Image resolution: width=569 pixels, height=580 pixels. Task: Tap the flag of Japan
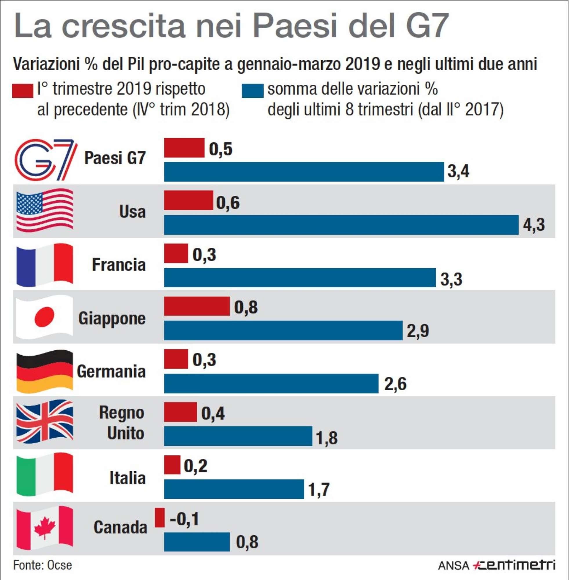pyautogui.click(x=45, y=317)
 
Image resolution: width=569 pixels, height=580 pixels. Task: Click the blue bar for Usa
pyautogui.click(x=341, y=225)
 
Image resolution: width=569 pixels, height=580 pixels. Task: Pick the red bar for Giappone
pyautogui.click(x=197, y=306)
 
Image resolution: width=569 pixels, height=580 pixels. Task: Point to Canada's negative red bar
pyautogui.click(x=160, y=518)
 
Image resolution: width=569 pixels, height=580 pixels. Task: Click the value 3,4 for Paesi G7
pyautogui.click(x=458, y=171)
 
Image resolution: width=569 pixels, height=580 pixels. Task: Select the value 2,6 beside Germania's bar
pyautogui.click(x=395, y=384)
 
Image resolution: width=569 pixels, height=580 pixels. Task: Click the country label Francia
pyautogui.click(x=119, y=265)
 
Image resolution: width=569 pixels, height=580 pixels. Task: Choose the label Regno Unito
pyautogui.click(x=122, y=423)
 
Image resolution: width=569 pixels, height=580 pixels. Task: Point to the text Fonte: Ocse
pyautogui.click(x=43, y=565)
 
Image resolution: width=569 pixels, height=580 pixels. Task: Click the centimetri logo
pyautogui.click(x=514, y=565)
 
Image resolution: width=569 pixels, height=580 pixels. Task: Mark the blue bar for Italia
pyautogui.click(x=234, y=489)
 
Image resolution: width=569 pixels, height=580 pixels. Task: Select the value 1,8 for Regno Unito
pyautogui.click(x=326, y=438)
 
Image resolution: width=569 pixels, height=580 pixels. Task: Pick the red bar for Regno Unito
pyautogui.click(x=180, y=412)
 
